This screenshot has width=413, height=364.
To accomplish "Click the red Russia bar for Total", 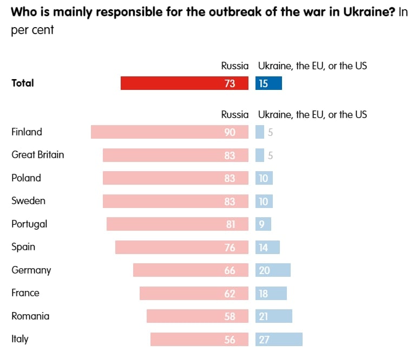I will (x=184, y=83).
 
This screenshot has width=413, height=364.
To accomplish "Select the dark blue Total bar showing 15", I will (x=268, y=83).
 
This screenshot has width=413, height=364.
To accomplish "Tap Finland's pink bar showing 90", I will (x=169, y=132).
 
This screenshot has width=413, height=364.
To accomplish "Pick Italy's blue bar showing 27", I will (x=279, y=340).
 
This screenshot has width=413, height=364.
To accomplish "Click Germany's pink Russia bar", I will (x=191, y=270).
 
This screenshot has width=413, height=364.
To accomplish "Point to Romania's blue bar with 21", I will (x=274, y=316).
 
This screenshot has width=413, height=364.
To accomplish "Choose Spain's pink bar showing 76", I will (x=182, y=248).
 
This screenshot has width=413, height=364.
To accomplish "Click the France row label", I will (x=25, y=293).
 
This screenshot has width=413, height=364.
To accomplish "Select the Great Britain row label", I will (x=38, y=155).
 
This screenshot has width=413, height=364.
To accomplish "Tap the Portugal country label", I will (x=29, y=224).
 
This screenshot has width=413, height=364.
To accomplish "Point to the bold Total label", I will (x=23, y=83).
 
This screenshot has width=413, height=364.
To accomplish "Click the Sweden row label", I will (x=28, y=201).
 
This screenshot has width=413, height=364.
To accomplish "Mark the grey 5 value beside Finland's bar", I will (x=270, y=132).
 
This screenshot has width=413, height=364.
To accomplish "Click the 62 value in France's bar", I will (x=230, y=294).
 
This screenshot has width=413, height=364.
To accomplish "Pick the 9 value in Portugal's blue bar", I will (x=261, y=224).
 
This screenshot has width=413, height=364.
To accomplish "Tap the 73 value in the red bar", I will (x=230, y=83).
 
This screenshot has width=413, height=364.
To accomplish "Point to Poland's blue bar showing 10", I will (x=264, y=178).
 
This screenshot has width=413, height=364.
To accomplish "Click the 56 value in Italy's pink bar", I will (x=230, y=340).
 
